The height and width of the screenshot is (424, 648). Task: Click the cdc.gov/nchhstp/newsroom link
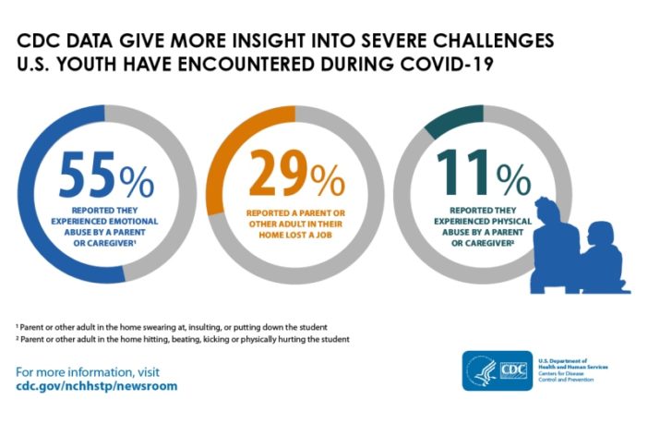point(97,386)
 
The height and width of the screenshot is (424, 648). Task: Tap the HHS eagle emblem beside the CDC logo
point(481,371)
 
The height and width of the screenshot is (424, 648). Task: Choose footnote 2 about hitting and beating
point(183,340)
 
